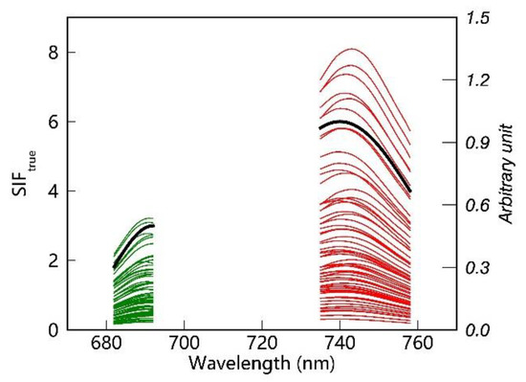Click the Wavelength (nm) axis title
coord(262,365)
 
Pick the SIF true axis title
coord(21,173)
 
